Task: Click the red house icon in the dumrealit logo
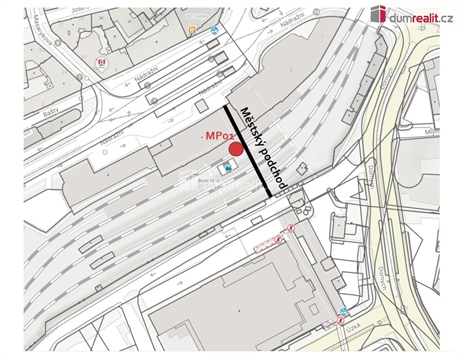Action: [x=379, y=14]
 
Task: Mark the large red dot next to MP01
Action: [x=236, y=149]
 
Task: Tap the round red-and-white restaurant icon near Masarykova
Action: [x=99, y=63]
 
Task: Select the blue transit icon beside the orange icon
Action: [x=213, y=30]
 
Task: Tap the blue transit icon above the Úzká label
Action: [x=344, y=311]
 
